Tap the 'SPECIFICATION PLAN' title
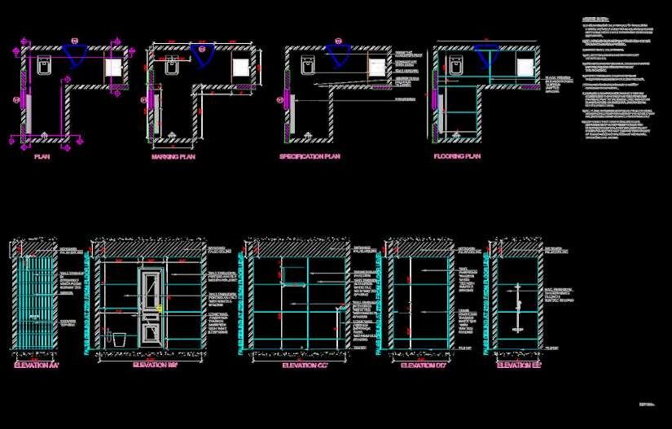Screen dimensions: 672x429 click(x=310, y=156)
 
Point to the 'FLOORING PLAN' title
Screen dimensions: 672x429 click(x=457, y=156)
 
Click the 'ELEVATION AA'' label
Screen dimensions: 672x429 click(x=37, y=368)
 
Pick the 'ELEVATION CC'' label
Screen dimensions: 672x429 click(x=305, y=367)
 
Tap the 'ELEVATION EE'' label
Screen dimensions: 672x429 click(x=520, y=367)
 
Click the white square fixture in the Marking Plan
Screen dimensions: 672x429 click(x=242, y=67)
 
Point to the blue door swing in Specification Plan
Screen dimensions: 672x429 click(x=339, y=55)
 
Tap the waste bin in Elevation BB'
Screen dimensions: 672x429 click(x=117, y=337)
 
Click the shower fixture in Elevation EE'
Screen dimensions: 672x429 click(x=517, y=309)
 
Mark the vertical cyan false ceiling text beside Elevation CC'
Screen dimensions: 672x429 click(x=241, y=301)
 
